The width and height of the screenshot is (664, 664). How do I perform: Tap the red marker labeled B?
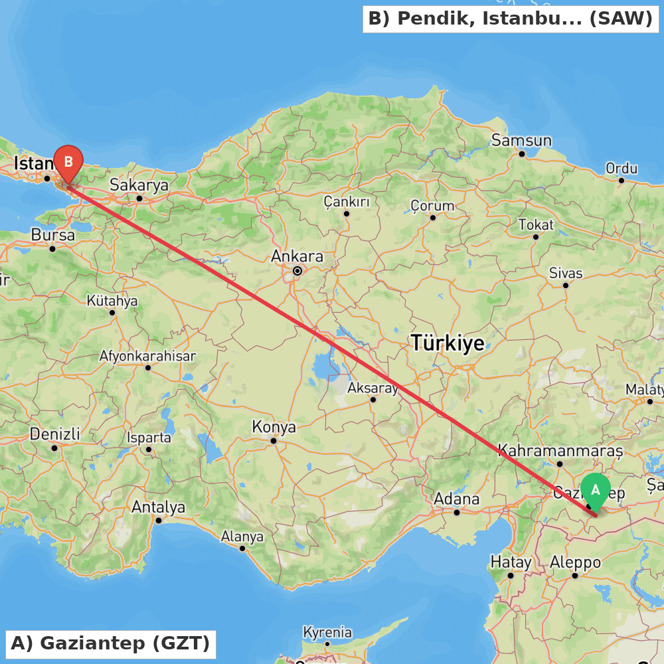(68, 162)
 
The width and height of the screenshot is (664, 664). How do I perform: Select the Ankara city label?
(297, 256)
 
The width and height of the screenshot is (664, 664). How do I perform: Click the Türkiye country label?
(447, 343)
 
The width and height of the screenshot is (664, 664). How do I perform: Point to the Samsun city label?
(521, 140)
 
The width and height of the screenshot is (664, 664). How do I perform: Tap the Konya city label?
(274, 427)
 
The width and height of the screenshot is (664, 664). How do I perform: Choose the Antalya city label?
(158, 507)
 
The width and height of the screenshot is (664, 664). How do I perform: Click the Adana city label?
(456, 499)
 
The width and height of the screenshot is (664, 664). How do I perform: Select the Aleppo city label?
(575, 562)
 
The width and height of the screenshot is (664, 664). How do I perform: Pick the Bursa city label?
(52, 235)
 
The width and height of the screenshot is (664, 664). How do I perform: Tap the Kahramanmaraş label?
(560, 450)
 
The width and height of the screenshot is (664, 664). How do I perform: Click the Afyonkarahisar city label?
(147, 356)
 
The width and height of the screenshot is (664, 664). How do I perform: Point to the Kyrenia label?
(327, 631)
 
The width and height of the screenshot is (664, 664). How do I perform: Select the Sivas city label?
(566, 273)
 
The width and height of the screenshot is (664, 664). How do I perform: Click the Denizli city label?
(54, 434)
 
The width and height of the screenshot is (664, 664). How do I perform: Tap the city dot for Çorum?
(432, 218)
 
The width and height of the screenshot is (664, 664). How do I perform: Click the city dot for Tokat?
(535, 237)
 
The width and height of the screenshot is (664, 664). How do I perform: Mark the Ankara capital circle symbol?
(297, 271)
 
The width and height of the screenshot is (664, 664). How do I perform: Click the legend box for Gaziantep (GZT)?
(110, 643)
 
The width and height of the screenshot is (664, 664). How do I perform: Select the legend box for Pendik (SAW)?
(510, 19)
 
